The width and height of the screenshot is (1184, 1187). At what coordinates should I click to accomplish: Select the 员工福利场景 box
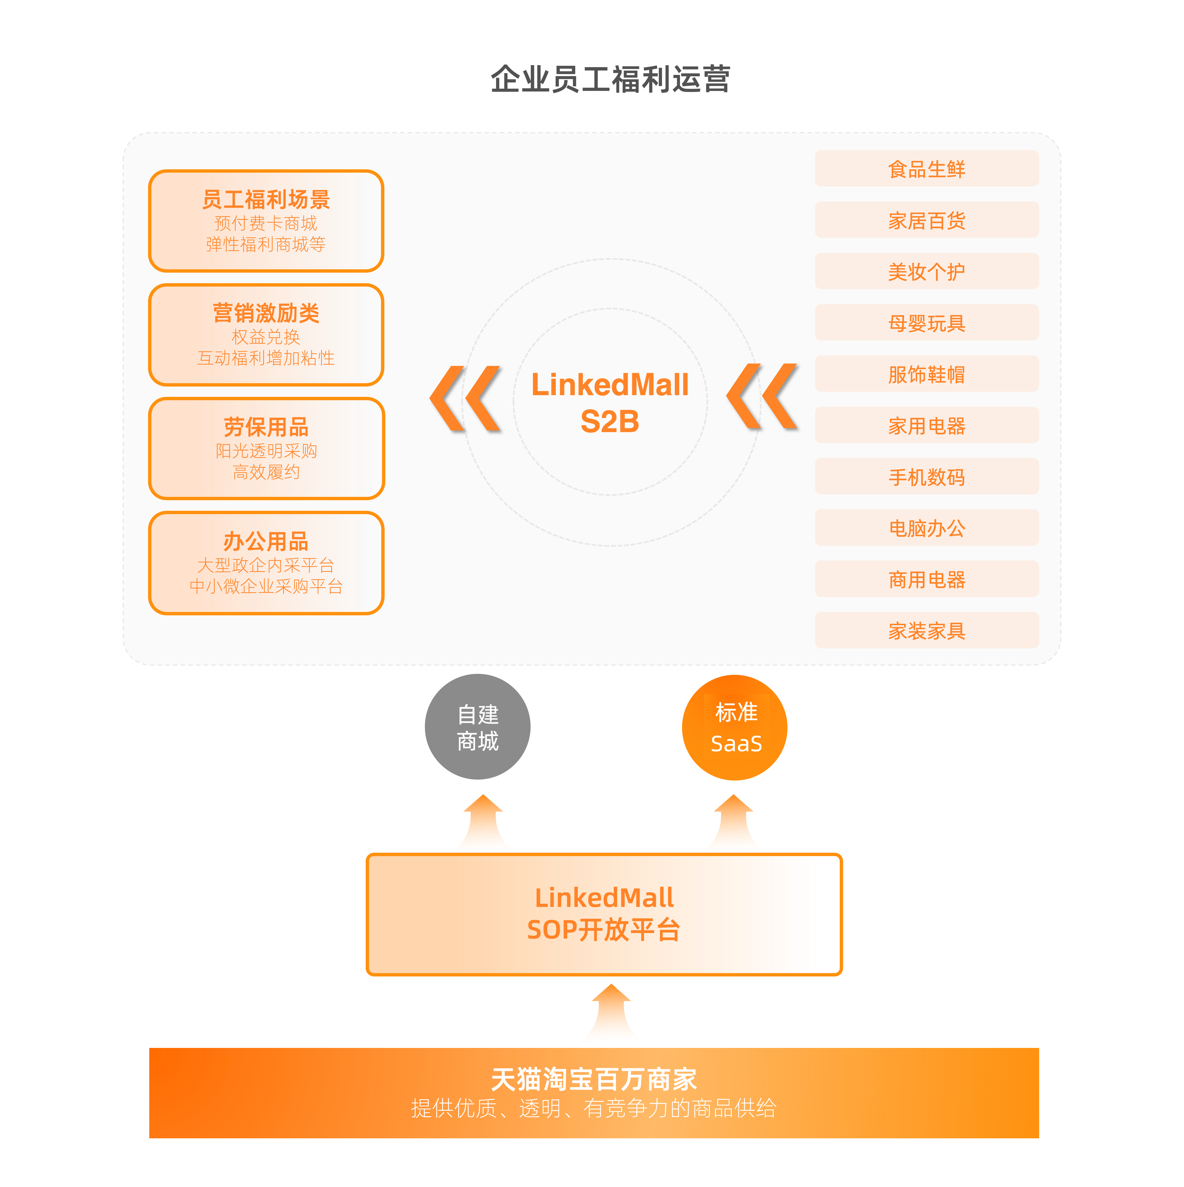point(266,221)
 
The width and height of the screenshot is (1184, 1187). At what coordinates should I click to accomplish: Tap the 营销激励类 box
point(266,335)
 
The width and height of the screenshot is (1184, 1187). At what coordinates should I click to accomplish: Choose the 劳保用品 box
point(266,448)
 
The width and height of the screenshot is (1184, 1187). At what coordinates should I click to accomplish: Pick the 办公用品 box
point(266,563)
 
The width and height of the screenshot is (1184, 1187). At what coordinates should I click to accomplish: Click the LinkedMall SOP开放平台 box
point(604,914)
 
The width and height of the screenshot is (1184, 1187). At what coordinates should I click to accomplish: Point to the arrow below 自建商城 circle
point(483,820)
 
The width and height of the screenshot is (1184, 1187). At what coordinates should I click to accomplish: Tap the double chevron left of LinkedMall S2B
point(465,398)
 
